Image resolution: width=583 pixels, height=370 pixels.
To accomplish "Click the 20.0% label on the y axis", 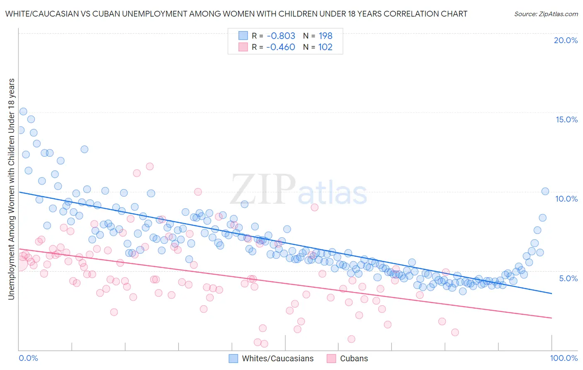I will click(566, 40).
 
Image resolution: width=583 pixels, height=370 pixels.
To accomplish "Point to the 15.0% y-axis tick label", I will click(566, 119).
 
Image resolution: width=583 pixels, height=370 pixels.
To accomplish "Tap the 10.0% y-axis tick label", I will click(566, 199).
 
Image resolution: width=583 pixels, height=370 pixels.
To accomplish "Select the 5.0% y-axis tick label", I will click(568, 278).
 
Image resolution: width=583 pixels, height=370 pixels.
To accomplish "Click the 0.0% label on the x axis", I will click(28, 358).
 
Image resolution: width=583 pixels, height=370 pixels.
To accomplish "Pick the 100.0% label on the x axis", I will click(564, 358).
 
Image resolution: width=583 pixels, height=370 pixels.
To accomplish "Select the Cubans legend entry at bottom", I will click(354, 358).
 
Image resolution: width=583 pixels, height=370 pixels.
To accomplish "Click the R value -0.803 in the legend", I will click(281, 36).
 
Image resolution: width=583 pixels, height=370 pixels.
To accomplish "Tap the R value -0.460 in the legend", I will click(281, 47).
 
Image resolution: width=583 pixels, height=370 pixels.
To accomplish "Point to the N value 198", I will click(326, 36).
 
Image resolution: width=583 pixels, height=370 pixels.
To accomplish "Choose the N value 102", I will click(326, 47).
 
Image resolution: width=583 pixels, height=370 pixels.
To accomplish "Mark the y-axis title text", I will click(11, 189).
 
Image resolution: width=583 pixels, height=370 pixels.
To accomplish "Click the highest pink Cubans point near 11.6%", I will click(150, 166).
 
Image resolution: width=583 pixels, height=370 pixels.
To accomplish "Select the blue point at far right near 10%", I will click(545, 191).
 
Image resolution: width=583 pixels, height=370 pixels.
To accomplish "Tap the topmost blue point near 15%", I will click(23, 112).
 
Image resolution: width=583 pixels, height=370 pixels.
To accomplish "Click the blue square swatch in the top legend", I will click(243, 36).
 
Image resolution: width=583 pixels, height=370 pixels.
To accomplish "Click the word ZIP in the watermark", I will click(263, 190).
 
